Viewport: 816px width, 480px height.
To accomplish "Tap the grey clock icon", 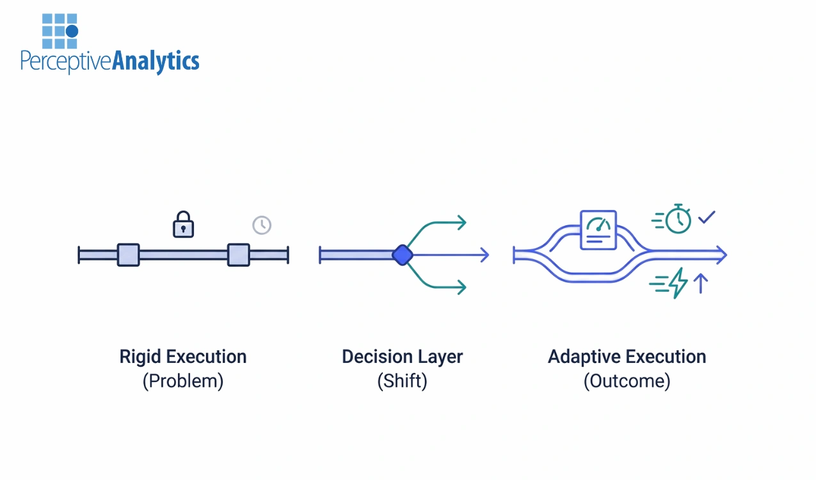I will pyautogui.click(x=262, y=225).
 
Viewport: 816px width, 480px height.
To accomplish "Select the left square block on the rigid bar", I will pyautogui.click(x=128, y=255).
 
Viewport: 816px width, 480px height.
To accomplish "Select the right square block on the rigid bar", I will pyautogui.click(x=239, y=255).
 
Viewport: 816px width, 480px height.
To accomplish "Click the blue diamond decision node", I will pyautogui.click(x=402, y=255).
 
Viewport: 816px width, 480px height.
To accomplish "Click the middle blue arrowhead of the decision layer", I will pyautogui.click(x=484, y=255).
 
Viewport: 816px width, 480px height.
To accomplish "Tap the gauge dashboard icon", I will pyautogui.click(x=598, y=230).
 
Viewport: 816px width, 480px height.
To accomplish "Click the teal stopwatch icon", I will pyautogui.click(x=678, y=220).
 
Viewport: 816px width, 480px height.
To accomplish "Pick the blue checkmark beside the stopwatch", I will pyautogui.click(x=707, y=218).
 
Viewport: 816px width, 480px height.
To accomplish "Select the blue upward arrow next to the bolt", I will pyautogui.click(x=701, y=282).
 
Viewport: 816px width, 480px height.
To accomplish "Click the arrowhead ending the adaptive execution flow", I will pyautogui.click(x=721, y=255).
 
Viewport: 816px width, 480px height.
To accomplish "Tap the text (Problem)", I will pyautogui.click(x=182, y=381).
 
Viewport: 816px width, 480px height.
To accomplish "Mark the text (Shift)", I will pyautogui.click(x=402, y=381).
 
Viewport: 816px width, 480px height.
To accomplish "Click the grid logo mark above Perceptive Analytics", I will pyautogui.click(x=60, y=31).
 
